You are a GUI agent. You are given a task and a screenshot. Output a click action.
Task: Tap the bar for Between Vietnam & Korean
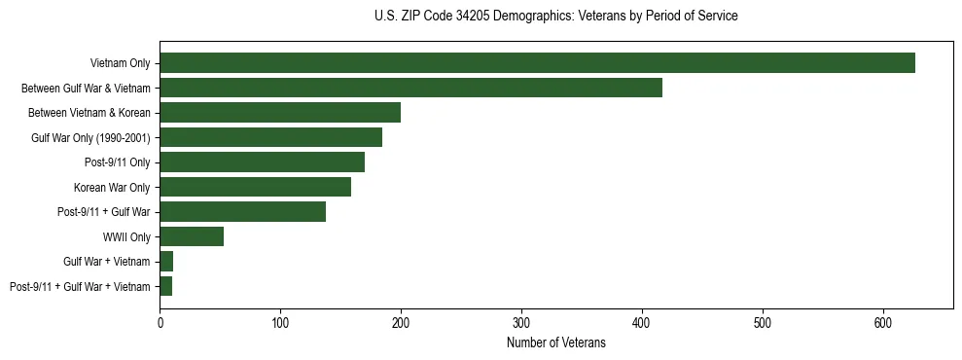(280, 113)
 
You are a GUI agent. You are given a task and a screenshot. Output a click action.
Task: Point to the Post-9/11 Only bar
(262, 162)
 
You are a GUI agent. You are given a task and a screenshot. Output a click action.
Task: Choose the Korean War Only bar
(255, 187)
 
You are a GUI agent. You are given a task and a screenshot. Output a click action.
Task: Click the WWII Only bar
(192, 236)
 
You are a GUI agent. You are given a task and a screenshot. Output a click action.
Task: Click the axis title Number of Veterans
(556, 343)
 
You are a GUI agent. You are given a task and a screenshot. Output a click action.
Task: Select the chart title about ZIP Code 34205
(555, 17)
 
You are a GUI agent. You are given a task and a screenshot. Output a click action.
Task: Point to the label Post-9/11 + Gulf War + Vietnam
(80, 286)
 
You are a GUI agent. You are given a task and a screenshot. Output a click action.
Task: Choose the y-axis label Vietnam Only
(120, 63)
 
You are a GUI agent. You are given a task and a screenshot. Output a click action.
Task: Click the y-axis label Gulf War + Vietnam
(107, 262)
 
